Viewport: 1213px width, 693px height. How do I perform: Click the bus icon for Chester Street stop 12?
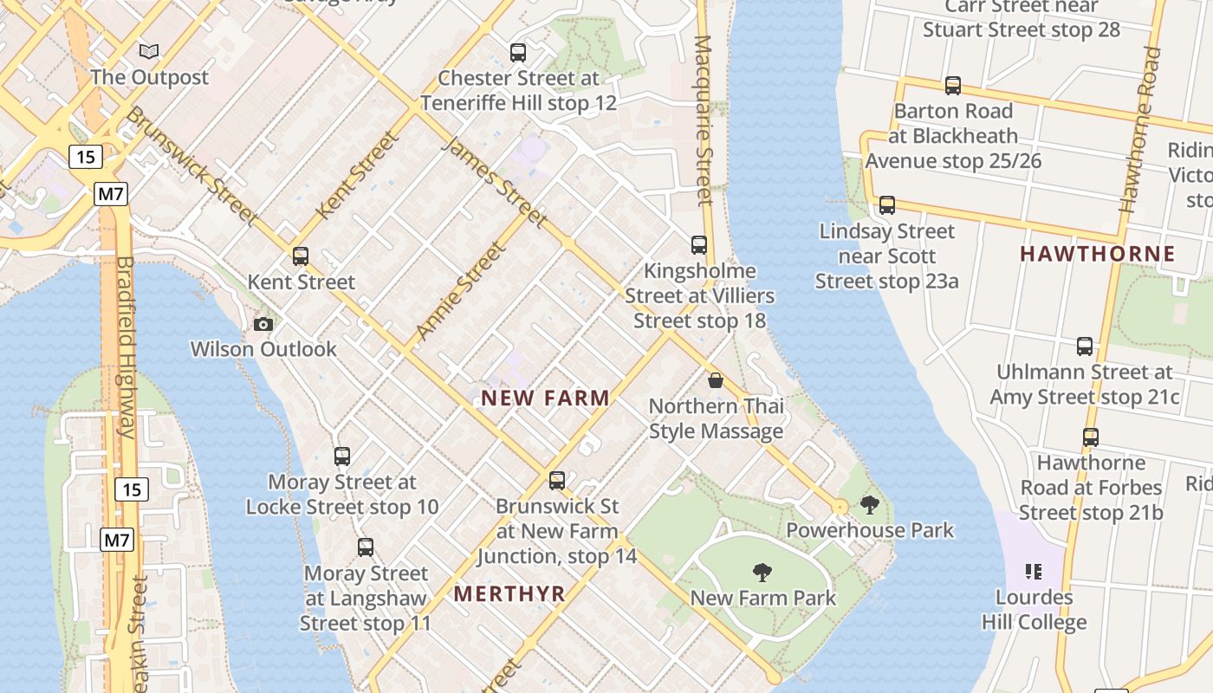click(518, 53)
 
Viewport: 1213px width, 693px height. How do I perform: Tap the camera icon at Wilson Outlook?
click(263, 325)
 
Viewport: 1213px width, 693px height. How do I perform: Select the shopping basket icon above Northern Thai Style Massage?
click(716, 380)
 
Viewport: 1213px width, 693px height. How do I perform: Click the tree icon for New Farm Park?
click(762, 572)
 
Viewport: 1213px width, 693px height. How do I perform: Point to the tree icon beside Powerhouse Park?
click(870, 505)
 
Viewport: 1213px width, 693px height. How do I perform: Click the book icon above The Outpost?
click(149, 52)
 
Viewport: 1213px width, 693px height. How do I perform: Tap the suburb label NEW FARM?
click(546, 398)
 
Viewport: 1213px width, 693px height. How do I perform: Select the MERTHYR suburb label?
click(509, 594)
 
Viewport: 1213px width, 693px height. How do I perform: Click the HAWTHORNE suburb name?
click(1098, 254)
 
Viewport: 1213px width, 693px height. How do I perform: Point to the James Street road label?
click(495, 182)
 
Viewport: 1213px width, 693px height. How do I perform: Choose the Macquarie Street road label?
click(704, 120)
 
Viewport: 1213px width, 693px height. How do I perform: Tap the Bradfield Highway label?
click(126, 346)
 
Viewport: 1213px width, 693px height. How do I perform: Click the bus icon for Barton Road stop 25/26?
click(953, 86)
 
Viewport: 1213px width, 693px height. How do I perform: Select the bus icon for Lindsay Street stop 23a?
click(886, 205)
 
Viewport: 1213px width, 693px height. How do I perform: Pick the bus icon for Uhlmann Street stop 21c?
click(1085, 346)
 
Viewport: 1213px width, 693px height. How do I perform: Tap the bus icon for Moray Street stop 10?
click(342, 457)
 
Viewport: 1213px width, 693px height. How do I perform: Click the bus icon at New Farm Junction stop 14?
click(557, 480)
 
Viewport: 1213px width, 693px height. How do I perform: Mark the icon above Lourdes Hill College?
click(1033, 572)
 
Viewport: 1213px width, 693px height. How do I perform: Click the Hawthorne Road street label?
click(1139, 130)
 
